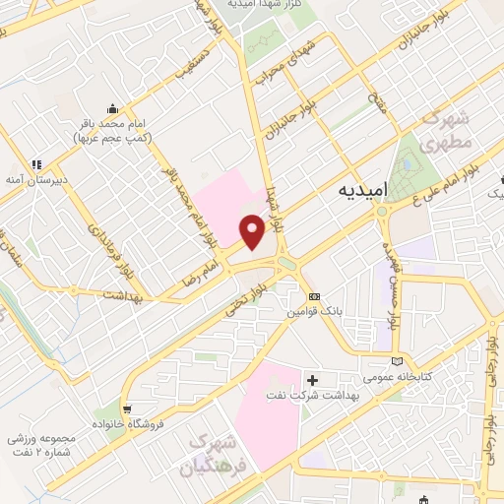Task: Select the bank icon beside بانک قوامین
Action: [313, 296]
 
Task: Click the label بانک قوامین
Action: [313, 311]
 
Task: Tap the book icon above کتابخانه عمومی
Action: [397, 359]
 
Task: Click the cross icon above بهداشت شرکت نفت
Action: [313, 379]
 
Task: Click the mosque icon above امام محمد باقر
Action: [114, 109]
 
